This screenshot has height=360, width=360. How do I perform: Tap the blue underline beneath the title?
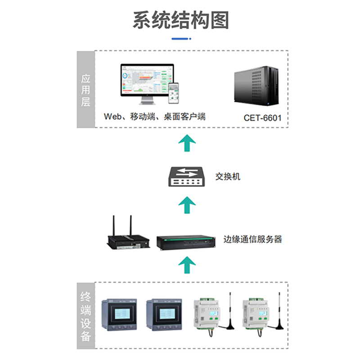click(x=180, y=39)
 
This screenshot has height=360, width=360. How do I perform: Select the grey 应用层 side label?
click(x=85, y=90)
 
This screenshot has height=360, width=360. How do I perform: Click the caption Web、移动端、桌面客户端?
click(x=154, y=117)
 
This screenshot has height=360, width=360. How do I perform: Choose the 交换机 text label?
click(x=228, y=176)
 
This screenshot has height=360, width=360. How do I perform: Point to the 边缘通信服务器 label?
click(x=253, y=239)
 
